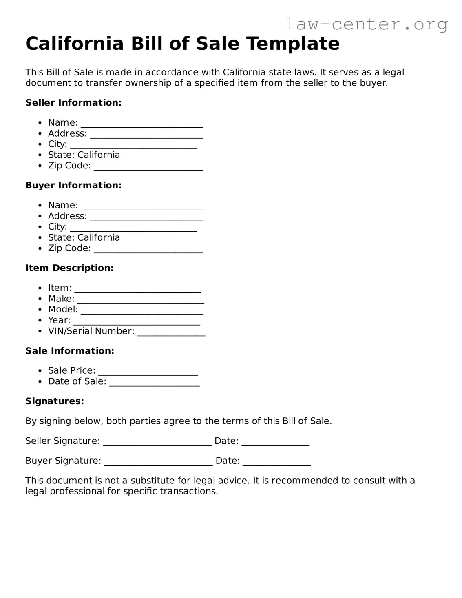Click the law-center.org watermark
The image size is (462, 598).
click(366, 24)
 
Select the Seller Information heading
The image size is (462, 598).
click(73, 103)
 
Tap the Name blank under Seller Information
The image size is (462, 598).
click(141, 124)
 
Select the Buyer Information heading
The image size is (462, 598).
click(73, 186)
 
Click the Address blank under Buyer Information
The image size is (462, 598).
click(146, 217)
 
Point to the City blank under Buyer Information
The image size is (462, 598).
click(133, 228)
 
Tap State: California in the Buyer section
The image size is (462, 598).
click(84, 238)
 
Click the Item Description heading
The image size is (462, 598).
click(69, 268)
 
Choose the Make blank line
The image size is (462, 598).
click(141, 300)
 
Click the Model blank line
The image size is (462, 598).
click(142, 310)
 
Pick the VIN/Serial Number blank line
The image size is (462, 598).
click(171, 332)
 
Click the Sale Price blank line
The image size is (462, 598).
click(148, 371)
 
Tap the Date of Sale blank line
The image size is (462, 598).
click(155, 382)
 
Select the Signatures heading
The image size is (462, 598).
click(55, 401)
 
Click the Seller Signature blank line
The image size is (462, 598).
click(157, 442)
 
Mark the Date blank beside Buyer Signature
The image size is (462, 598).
click(276, 462)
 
